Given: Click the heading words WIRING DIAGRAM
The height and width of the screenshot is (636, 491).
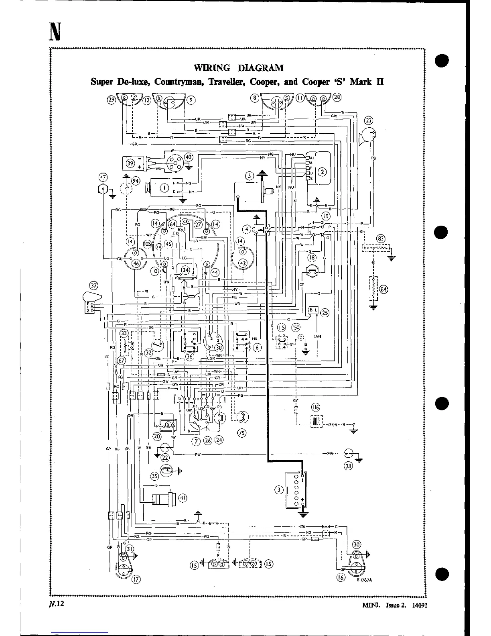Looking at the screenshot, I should (x=239, y=67).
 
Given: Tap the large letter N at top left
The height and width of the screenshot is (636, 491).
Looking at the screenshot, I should (x=55, y=32).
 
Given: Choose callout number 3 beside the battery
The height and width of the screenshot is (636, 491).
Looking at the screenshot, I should (x=279, y=489).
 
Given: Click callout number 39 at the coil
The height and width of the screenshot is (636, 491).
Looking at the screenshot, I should (x=130, y=163).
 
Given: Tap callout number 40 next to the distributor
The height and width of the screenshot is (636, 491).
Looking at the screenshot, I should (x=188, y=157).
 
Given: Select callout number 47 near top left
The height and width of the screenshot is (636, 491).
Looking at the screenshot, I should (x=103, y=177).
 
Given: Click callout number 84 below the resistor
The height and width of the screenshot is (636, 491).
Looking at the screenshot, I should (x=384, y=289).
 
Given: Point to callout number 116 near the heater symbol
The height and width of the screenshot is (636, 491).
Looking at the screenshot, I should (x=316, y=408).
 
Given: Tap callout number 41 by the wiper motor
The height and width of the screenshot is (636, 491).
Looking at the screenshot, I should (x=183, y=498).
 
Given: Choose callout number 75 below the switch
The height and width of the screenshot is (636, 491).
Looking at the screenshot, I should (x=242, y=433).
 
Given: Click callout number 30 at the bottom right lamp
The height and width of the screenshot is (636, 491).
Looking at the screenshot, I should (x=357, y=544).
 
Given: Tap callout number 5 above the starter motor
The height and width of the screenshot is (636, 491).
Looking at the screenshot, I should (x=250, y=175).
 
